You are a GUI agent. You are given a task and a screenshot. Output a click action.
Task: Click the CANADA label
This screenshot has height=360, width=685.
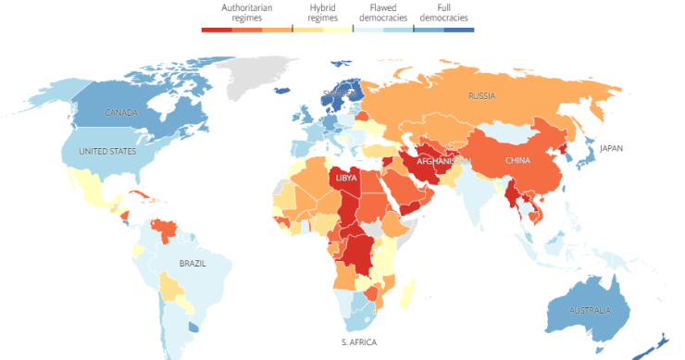pos(121,113)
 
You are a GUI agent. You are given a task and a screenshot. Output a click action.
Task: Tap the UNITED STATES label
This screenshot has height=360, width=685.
pos(107,152)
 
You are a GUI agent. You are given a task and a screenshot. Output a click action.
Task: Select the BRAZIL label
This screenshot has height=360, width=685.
pos(192,263)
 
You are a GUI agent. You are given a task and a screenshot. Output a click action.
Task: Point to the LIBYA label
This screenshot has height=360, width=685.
pos(345,177)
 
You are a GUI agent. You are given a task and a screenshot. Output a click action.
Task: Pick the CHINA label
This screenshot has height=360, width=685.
pos(517,160)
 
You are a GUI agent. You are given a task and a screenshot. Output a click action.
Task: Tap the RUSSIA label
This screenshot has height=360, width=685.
pos(481,96)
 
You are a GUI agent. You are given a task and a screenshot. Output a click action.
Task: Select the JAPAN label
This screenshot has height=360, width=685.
pos(612,148)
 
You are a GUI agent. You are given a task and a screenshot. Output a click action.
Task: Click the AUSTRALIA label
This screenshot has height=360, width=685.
pos(590,309)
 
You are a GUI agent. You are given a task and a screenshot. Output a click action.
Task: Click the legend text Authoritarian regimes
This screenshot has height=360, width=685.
pos(240,12)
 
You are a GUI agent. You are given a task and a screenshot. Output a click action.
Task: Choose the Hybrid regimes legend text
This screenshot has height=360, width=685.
pos(322,12)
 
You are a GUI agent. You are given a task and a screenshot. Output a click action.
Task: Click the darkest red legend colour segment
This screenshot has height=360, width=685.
pos(216,30)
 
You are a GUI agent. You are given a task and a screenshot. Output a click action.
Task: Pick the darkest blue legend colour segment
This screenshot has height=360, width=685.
pos(459,30)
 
